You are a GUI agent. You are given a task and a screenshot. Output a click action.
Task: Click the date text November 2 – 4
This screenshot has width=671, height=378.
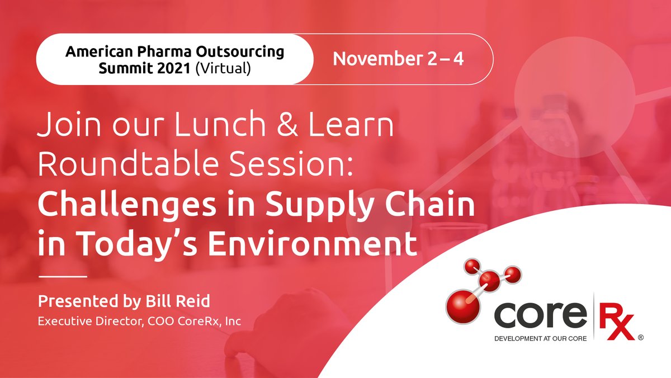coord(398,59)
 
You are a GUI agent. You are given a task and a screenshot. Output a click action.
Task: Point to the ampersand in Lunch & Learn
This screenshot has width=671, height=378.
coord(295,127)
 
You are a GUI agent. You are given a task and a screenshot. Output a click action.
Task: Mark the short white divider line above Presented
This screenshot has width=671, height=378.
coord(62,276)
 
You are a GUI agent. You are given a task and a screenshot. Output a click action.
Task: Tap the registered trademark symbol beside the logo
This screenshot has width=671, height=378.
coord(641,337)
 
